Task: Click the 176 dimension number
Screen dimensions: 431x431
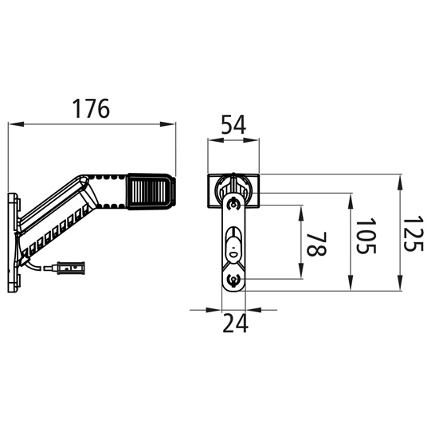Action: pyautogui.click(x=91, y=108)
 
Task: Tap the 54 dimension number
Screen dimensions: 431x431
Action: pyautogui.click(x=233, y=125)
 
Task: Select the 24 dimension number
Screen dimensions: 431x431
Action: pyautogui.click(x=235, y=323)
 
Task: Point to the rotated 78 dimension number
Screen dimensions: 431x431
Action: pyautogui.click(x=316, y=244)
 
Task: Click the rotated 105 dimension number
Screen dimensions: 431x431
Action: pyautogui.click(x=366, y=236)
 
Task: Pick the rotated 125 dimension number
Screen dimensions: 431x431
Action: pyautogui.click(x=413, y=233)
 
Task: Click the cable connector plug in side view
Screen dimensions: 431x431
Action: pyautogui.click(x=70, y=268)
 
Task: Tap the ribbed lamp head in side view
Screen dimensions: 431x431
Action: pyautogui.click(x=148, y=191)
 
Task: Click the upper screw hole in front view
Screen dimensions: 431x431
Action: pyautogui.click(x=233, y=205)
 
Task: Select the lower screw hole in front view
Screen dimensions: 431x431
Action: pyautogui.click(x=233, y=280)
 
